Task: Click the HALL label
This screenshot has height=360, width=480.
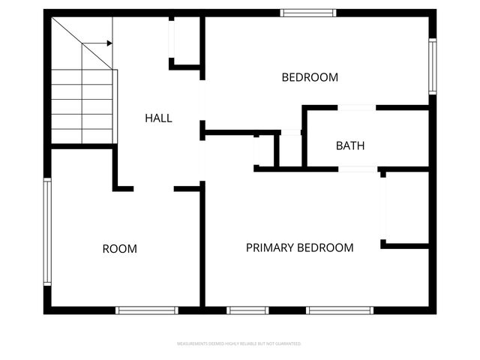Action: (158, 118)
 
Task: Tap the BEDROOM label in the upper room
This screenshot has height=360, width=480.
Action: (310, 77)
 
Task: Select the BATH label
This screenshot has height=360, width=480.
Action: (350, 145)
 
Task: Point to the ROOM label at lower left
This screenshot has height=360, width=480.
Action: (120, 249)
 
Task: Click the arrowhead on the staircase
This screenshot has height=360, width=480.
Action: (109, 43)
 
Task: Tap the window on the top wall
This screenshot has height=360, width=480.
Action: (308, 13)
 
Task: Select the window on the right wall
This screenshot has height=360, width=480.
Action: (432, 67)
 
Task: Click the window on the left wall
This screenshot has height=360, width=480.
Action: (47, 231)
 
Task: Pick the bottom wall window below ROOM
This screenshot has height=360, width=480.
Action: (147, 310)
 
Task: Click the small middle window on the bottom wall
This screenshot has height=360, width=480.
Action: (247, 310)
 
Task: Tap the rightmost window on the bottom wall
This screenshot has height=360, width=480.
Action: (339, 310)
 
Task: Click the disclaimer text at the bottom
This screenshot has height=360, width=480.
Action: (239, 344)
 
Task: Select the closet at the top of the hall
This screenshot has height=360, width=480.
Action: (186, 39)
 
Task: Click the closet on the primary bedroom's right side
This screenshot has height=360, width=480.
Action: (406, 208)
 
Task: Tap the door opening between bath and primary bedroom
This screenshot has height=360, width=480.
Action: (358, 169)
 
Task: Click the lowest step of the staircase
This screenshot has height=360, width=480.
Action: (82, 136)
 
